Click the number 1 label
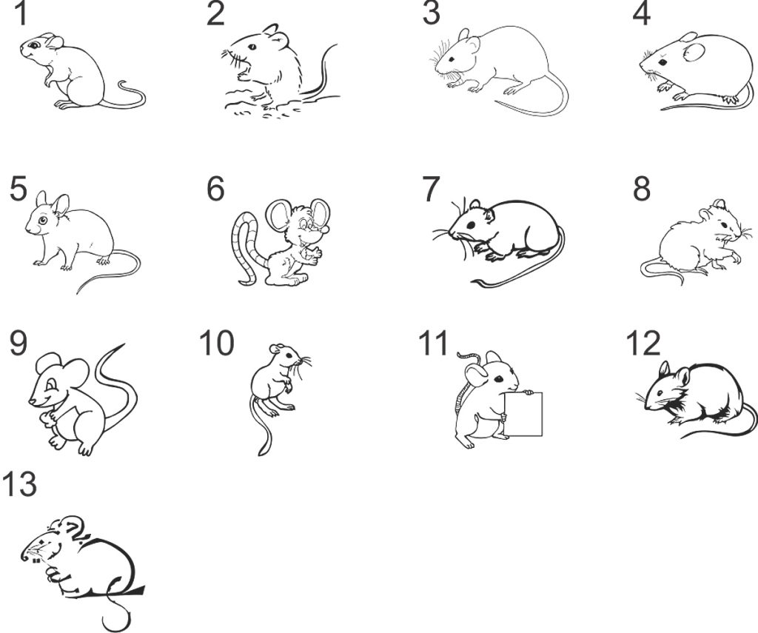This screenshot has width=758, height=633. [20, 13]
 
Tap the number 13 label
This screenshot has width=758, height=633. [19, 484]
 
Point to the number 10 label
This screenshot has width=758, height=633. [217, 343]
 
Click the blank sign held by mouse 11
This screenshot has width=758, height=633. [523, 413]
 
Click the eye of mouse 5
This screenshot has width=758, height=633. [43, 221]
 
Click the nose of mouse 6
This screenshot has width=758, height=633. [326, 230]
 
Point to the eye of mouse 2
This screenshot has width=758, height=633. [252, 47]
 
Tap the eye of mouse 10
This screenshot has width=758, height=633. [289, 355]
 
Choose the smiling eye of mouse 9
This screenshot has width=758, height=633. [51, 384]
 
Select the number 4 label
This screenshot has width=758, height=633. [641, 14]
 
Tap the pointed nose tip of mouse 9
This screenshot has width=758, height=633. [30, 401]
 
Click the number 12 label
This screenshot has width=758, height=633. [643, 344]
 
